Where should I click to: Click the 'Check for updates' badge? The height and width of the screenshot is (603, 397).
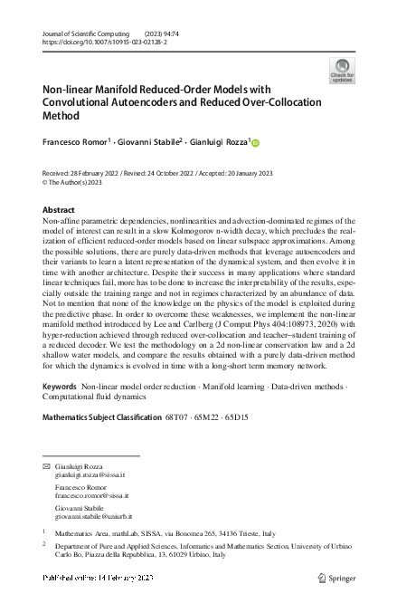point(342,71)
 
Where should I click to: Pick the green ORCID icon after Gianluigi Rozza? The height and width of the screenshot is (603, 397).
point(255,142)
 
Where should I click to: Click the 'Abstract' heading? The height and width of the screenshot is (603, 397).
point(59,210)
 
